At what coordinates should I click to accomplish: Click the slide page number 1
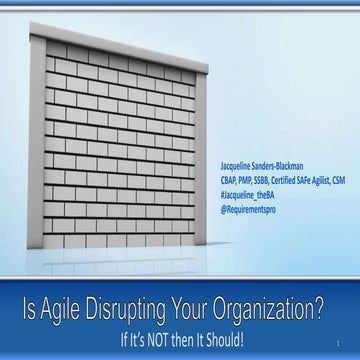click(x=341, y=341)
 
